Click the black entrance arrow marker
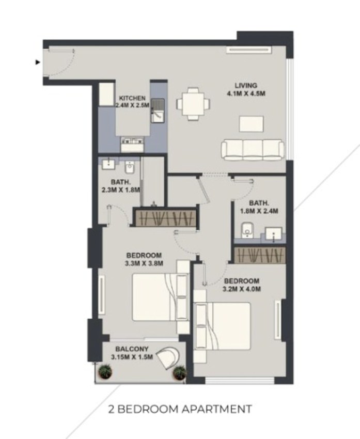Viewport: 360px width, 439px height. [38, 62]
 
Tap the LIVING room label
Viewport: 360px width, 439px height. [246, 85]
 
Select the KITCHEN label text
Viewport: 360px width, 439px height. [132, 98]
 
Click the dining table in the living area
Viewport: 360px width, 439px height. [193, 104]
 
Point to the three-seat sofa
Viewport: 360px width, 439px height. [253, 150]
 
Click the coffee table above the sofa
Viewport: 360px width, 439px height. [251, 124]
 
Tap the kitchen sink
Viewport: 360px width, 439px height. [158, 111]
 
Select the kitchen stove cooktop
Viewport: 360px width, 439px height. [132, 145]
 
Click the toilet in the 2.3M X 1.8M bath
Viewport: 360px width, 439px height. [129, 167]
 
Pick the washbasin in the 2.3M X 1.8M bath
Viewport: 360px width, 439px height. [108, 164]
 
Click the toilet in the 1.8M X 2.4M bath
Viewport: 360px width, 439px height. [246, 230]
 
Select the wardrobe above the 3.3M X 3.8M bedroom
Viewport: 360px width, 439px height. [166, 218]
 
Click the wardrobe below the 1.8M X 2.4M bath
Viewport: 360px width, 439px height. [260, 255]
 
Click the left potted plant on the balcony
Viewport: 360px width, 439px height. [105, 372]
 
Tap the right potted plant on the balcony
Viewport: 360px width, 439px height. [179, 373]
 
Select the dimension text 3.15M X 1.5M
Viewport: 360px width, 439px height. [132, 357]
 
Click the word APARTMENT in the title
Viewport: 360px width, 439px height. [217, 409]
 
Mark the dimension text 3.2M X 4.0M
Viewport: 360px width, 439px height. [242, 289]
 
